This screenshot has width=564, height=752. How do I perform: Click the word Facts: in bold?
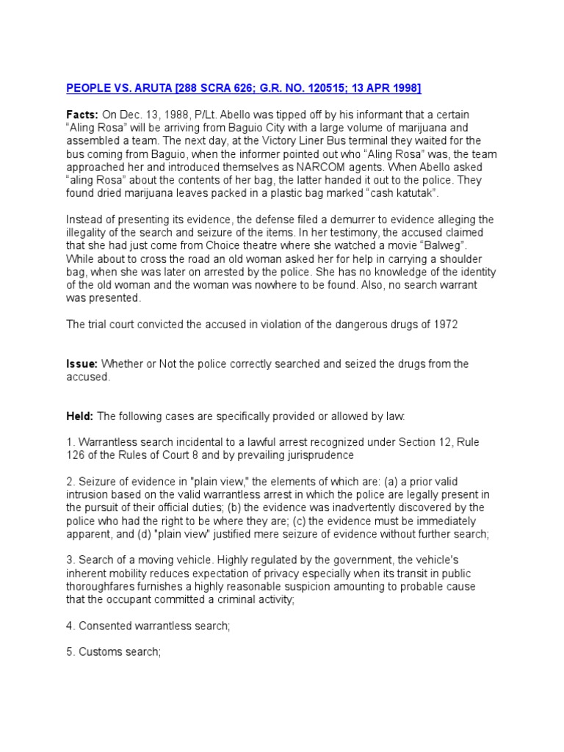coord(82,115)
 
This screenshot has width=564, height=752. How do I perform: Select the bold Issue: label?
coord(82,364)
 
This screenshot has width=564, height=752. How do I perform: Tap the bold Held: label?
coord(80,416)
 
